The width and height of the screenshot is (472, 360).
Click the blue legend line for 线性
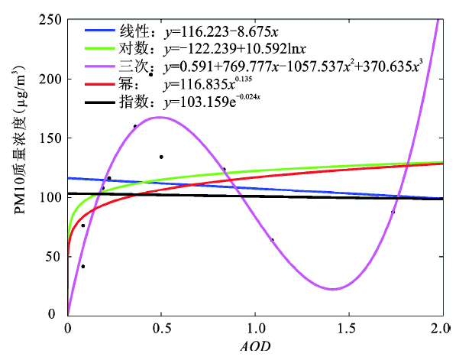[x=100, y=31]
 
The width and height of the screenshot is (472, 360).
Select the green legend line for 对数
[x=100, y=47]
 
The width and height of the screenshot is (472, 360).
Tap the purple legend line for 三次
[x=100, y=63]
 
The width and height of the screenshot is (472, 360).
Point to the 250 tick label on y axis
[x=50, y=20]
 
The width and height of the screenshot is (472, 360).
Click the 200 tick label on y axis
[x=50, y=79]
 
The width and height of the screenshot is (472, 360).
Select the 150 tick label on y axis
[x=50, y=138]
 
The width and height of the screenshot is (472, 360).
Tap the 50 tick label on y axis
[x=53, y=255]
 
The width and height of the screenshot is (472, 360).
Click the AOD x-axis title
[x=254, y=346]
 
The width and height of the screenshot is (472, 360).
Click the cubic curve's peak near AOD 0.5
[x=159, y=117]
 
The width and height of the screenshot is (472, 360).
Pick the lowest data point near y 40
[x=82, y=266]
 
